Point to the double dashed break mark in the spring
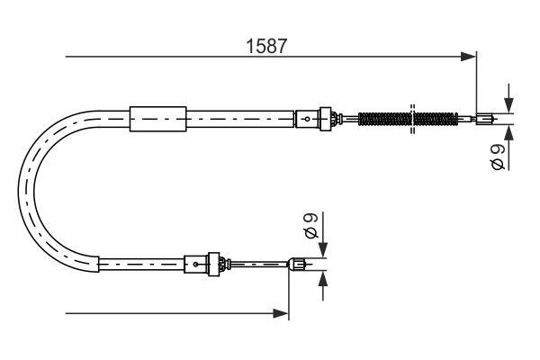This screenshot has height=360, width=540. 411,117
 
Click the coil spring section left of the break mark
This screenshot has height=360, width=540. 384,117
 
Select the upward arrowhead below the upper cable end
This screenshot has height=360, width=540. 509,131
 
